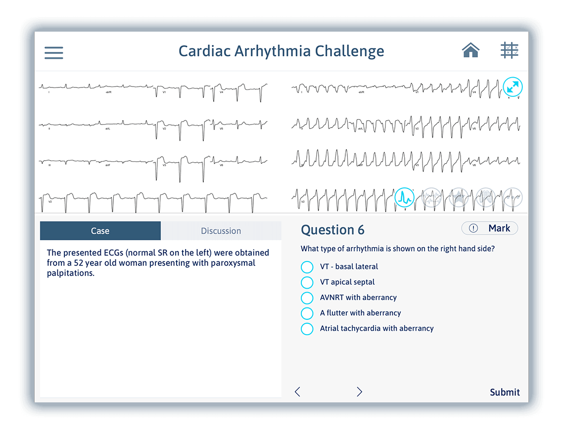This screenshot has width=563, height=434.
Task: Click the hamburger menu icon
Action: click(x=54, y=53)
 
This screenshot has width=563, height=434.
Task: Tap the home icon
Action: click(x=470, y=50)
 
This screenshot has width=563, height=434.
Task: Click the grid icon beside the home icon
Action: click(x=509, y=50)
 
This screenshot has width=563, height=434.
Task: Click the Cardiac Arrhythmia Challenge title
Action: click(x=281, y=51)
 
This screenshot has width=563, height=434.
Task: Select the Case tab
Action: click(x=100, y=231)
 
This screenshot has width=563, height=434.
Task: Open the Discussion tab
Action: click(x=221, y=231)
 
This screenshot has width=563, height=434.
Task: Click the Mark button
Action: click(x=490, y=228)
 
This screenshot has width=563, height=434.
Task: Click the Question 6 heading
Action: click(x=332, y=230)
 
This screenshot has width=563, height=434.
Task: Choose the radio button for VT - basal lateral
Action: click(x=307, y=267)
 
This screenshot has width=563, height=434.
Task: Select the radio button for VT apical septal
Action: click(x=307, y=282)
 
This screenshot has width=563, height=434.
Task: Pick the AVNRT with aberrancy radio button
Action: click(x=307, y=298)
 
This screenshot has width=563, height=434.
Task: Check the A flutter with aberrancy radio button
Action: click(x=307, y=313)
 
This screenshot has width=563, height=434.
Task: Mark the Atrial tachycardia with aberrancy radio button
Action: click(x=307, y=329)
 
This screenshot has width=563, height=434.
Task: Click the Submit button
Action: click(x=505, y=392)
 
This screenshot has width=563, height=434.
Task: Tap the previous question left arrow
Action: click(x=297, y=392)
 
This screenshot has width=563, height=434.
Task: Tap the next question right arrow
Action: click(x=359, y=392)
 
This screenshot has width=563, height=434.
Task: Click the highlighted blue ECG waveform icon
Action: click(x=404, y=198)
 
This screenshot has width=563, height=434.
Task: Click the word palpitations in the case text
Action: click(x=70, y=273)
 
